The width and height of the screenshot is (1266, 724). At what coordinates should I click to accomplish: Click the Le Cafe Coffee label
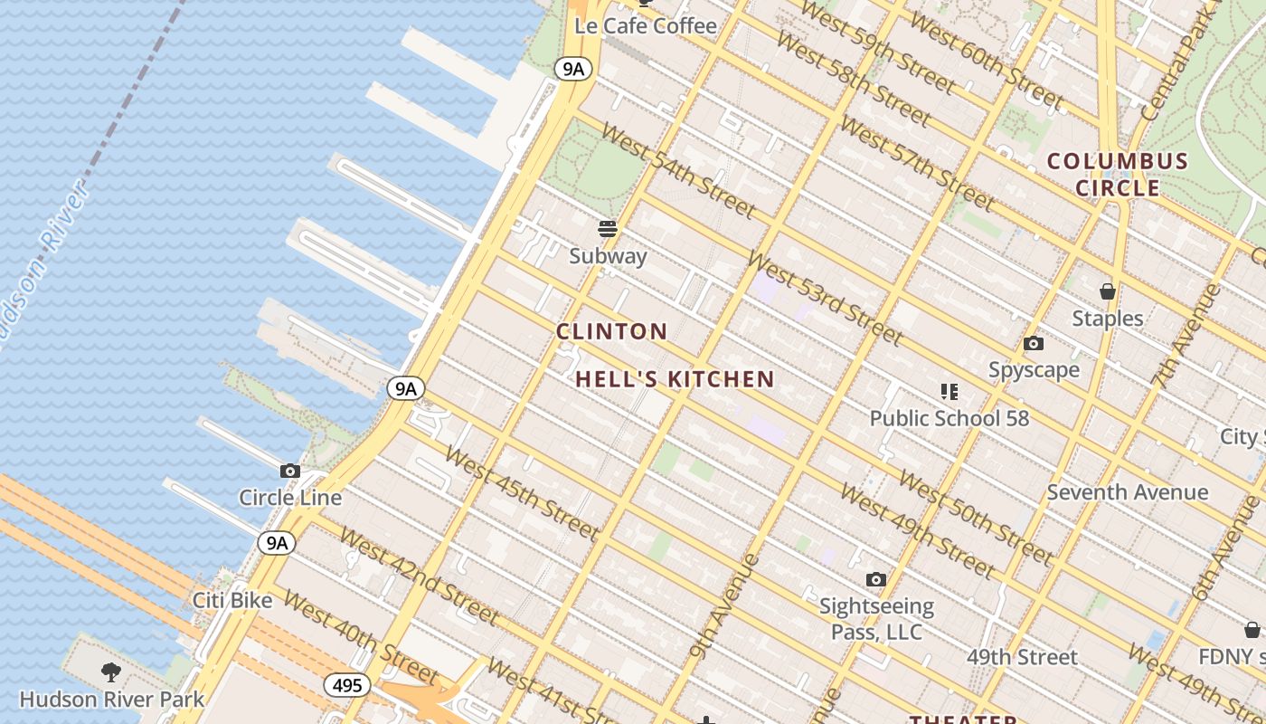point(646,26)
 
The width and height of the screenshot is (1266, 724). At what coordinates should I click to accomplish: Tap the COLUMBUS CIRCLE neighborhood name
point(1117,175)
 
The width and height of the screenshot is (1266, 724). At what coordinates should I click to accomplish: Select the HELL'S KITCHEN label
point(675,379)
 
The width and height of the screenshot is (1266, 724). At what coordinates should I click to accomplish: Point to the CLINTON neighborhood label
point(612,331)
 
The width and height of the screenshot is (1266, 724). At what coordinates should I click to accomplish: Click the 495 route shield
point(347,685)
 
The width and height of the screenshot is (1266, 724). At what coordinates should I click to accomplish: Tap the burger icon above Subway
point(608,229)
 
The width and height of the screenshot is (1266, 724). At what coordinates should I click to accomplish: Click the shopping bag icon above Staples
point(1108,291)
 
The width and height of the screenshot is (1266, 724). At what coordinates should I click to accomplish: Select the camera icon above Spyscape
point(1033,344)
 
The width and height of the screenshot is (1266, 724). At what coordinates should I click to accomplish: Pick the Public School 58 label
point(949,418)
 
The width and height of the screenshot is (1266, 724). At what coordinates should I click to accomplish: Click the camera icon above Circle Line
point(290,471)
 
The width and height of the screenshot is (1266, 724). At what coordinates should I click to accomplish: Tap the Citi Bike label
point(232,600)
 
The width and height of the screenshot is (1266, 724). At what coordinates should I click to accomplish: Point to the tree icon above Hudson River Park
point(111,672)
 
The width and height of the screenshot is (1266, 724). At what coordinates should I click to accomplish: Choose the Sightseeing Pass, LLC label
point(876,618)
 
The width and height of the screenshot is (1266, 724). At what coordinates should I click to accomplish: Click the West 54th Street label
point(677,171)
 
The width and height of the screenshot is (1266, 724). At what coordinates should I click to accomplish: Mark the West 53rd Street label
point(825,299)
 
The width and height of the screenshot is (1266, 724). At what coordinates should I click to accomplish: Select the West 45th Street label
point(522,493)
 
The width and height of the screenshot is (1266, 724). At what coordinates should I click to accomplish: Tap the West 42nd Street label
point(419,576)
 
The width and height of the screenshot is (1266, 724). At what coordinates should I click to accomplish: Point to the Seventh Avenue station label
point(1128,492)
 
